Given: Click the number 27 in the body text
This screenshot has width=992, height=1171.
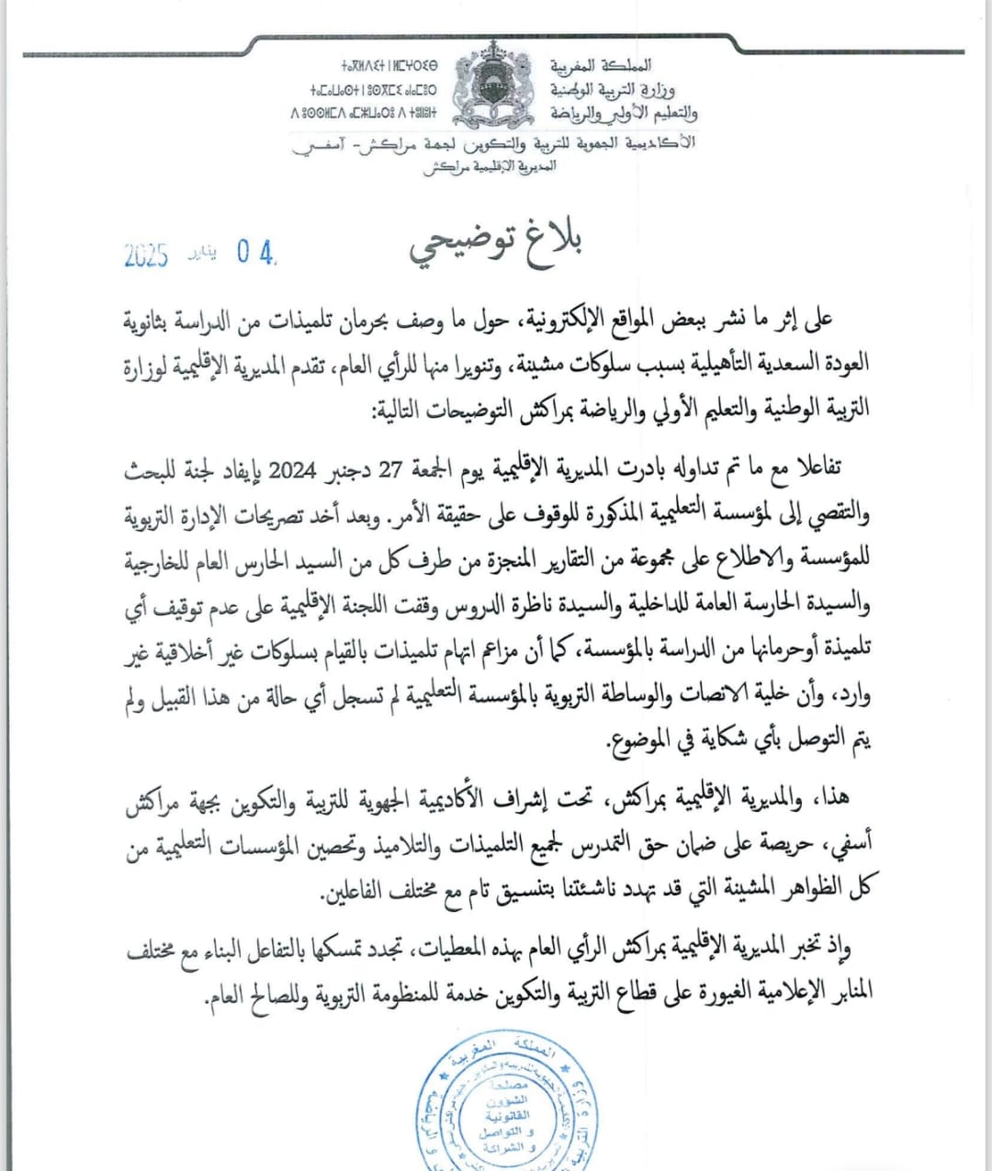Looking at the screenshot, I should point(390,470).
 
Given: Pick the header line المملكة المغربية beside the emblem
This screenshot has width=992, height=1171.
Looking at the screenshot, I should point(602,65).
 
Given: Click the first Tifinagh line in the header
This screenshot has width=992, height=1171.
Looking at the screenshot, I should point(389,66).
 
